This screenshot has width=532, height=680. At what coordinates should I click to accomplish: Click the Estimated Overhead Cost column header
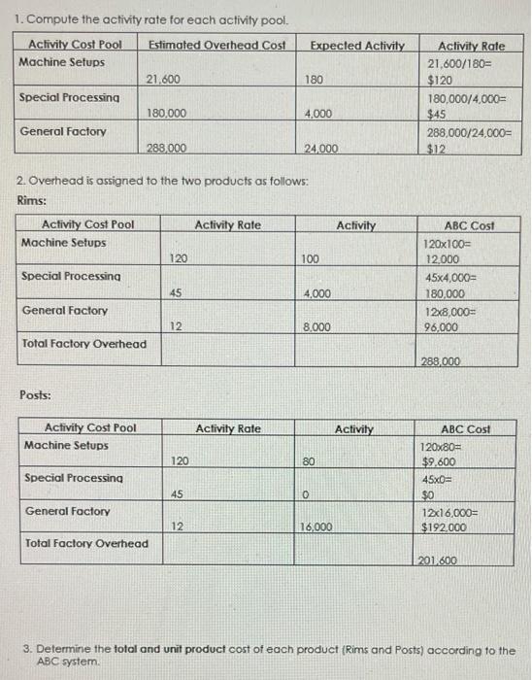point(216,45)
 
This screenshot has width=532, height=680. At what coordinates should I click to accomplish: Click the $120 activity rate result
point(443,79)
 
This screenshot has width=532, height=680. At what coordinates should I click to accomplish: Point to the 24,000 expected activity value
point(321,148)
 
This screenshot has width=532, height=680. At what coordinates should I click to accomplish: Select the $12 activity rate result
point(438,149)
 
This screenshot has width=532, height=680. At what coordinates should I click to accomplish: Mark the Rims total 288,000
point(442,361)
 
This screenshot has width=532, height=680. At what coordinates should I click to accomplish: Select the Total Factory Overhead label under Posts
point(86,543)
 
